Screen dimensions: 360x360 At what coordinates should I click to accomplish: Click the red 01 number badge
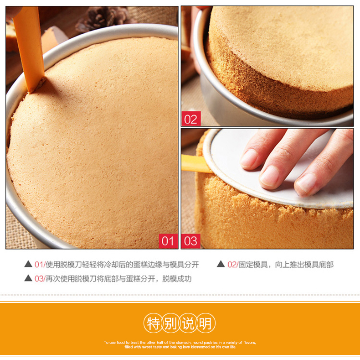(168, 241)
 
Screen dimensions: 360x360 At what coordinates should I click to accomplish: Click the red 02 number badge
(191, 119)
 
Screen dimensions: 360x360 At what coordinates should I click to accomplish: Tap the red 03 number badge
(191, 241)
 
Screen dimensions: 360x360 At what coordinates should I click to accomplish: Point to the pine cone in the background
(103, 18)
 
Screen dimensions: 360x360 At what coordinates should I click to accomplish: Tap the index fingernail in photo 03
(249, 158)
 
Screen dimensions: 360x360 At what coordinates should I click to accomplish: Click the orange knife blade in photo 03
(195, 164)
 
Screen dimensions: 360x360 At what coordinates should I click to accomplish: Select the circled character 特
(153, 323)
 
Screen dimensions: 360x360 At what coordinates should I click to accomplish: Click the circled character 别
(170, 323)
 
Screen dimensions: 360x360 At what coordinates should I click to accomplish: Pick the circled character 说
(188, 323)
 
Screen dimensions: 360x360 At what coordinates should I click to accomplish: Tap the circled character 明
(206, 323)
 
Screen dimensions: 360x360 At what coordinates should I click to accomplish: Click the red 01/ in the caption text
(40, 265)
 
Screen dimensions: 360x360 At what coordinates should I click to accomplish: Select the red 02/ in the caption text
(233, 265)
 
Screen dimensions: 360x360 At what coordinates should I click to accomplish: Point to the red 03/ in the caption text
(40, 279)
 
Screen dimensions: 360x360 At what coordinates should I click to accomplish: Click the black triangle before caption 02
(221, 264)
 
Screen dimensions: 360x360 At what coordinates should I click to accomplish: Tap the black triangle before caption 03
(28, 278)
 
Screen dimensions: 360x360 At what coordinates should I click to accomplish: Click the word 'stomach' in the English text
(184, 343)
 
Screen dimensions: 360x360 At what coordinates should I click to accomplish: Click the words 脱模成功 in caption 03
(177, 279)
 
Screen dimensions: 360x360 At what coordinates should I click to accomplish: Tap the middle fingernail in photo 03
(269, 176)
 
